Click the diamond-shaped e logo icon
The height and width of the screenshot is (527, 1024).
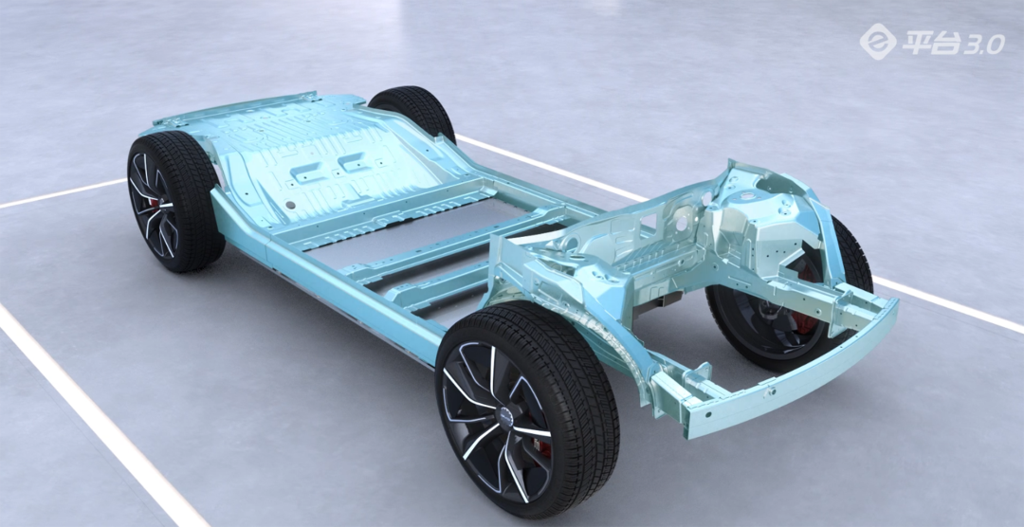click(878, 41)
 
